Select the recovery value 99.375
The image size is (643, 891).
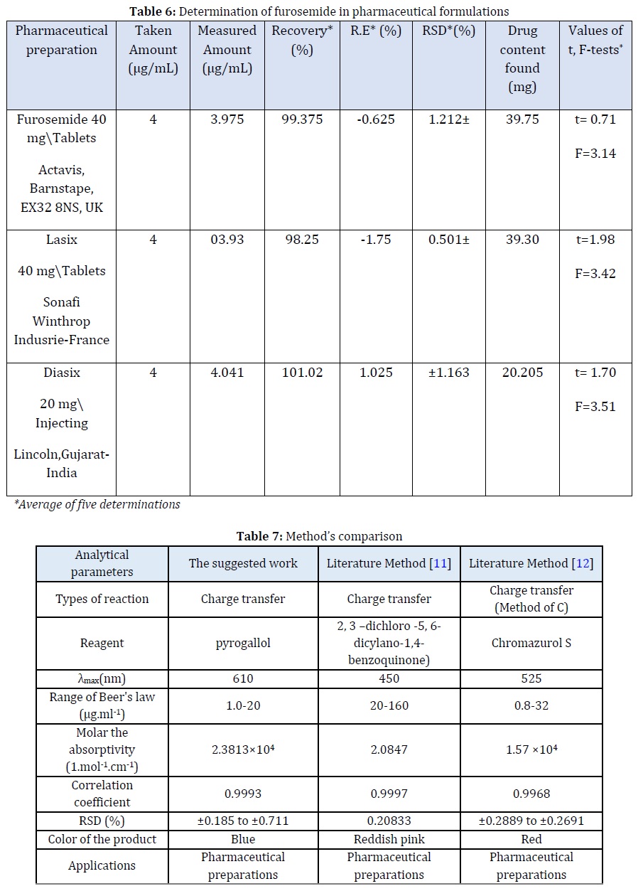pyautogui.click(x=302, y=119)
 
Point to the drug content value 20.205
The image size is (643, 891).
pyautogui.click(x=522, y=373)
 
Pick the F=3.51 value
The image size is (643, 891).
pyautogui.click(x=595, y=407)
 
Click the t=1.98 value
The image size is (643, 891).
pyautogui.click(x=595, y=240)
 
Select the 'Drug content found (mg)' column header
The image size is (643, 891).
pyautogui.click(x=522, y=59)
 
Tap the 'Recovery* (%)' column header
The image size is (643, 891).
pyautogui.click(x=302, y=41)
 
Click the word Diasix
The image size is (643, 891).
pyautogui.click(x=61, y=373)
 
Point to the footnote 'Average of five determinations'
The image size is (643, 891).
pyautogui.click(x=97, y=505)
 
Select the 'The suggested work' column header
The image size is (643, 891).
pyautogui.click(x=243, y=564)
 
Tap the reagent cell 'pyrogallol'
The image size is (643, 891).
pyautogui.click(x=243, y=643)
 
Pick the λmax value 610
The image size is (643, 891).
pyautogui.click(x=243, y=678)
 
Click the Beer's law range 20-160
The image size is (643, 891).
pyautogui.click(x=389, y=707)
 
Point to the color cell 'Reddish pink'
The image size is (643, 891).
pyautogui.click(x=389, y=839)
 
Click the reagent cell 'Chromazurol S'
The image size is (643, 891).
pyautogui.click(x=531, y=643)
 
